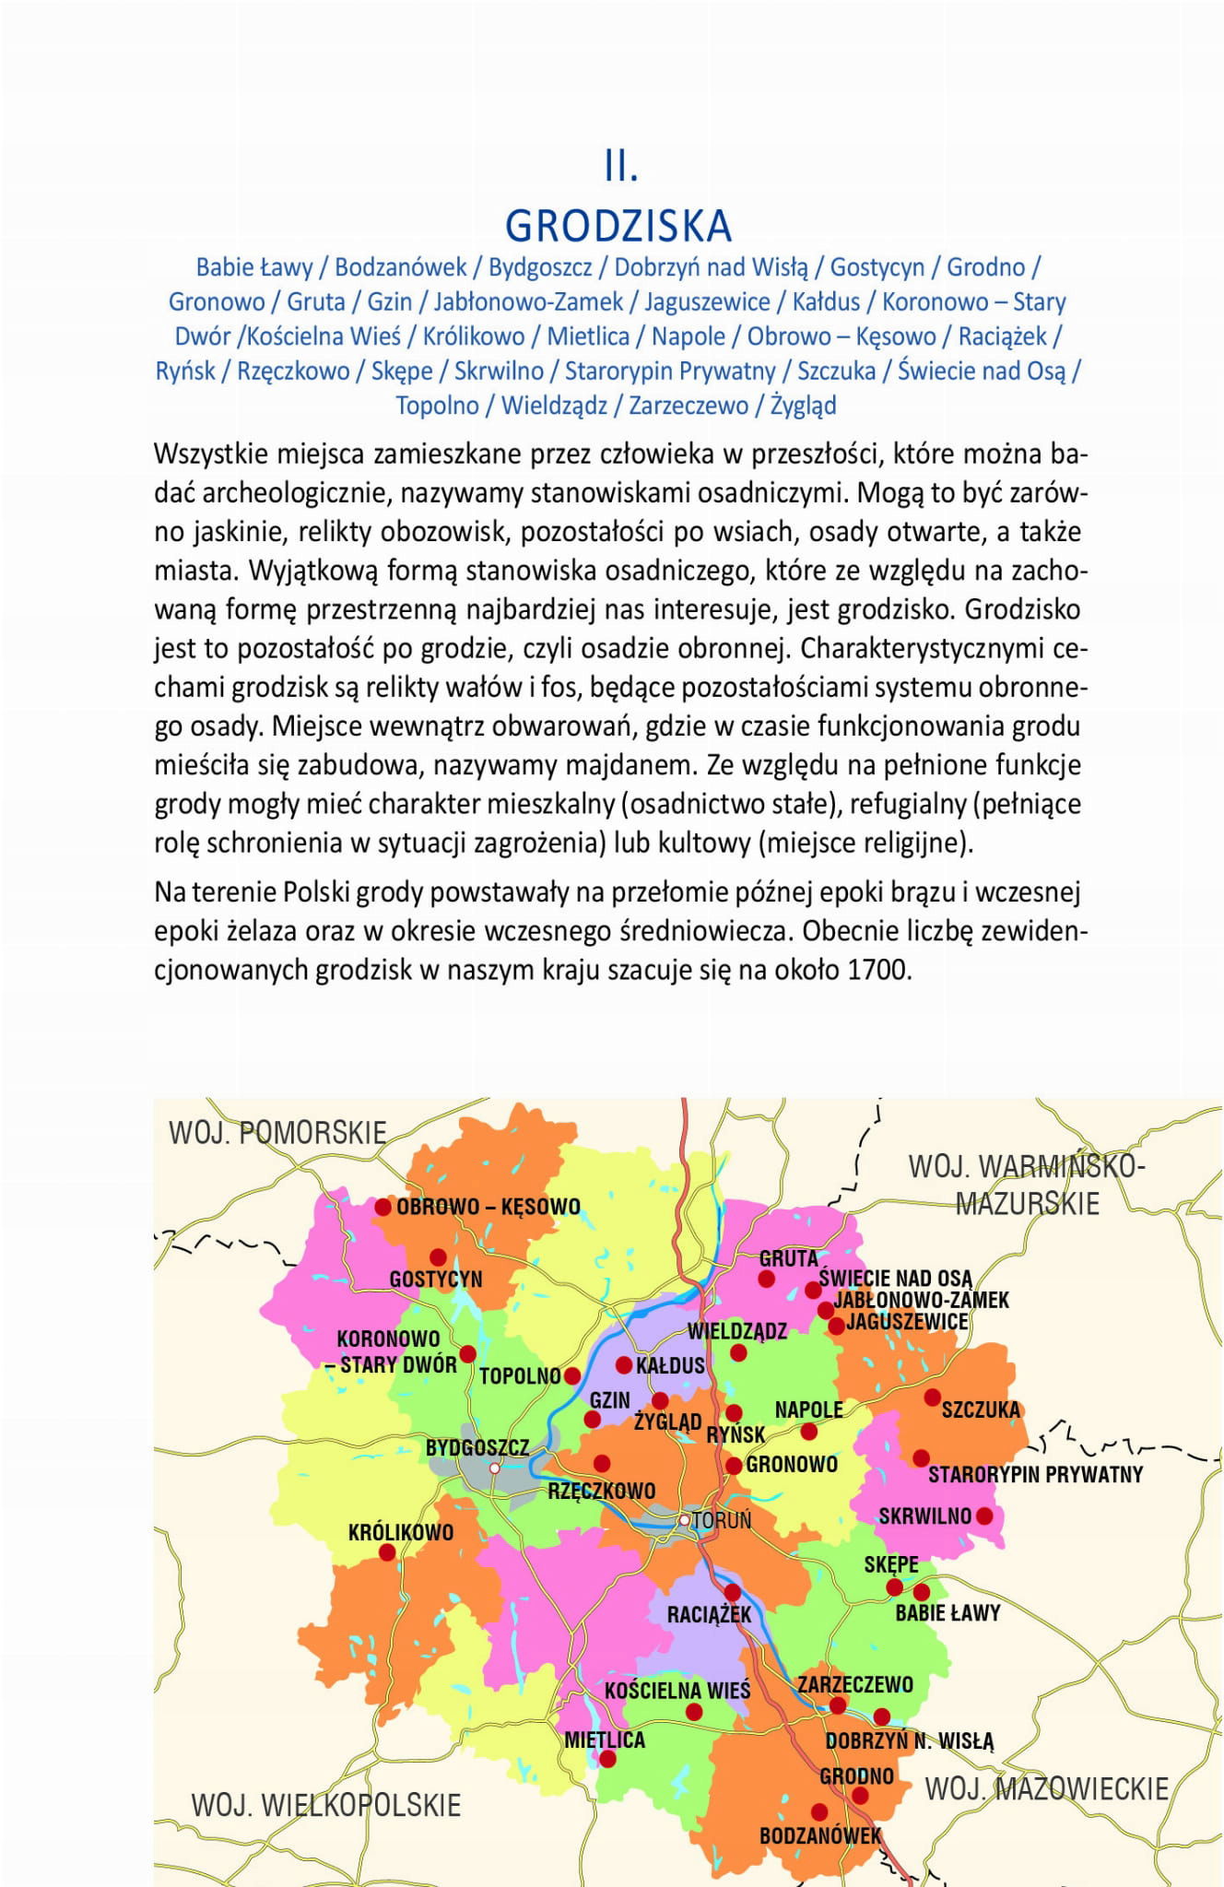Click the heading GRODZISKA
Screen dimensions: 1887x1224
618,226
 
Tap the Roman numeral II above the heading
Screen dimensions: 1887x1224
621,167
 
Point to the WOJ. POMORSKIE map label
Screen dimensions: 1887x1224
277,1132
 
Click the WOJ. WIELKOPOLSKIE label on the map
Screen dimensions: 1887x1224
325,1804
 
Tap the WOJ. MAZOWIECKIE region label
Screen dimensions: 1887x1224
1046,1788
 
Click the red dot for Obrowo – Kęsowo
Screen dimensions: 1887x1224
382,1207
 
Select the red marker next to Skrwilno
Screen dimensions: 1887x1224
984,1515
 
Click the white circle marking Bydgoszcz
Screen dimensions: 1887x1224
495,1468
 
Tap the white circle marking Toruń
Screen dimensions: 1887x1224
685,1520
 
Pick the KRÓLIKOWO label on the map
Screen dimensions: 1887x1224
401,1532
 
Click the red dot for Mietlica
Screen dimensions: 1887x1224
607,1759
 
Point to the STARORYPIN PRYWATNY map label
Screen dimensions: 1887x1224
1035,1474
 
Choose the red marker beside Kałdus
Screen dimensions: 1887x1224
624,1365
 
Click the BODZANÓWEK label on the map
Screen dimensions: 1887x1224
820,1835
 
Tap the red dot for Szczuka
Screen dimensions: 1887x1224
933,1397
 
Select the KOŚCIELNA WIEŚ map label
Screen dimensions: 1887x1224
677,1690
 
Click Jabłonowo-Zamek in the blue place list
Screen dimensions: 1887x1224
528,301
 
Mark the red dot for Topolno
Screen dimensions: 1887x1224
572,1375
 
